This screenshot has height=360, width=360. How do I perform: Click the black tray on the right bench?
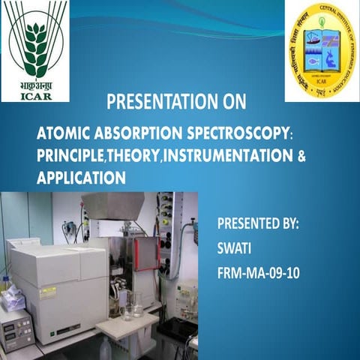(177, 330)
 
